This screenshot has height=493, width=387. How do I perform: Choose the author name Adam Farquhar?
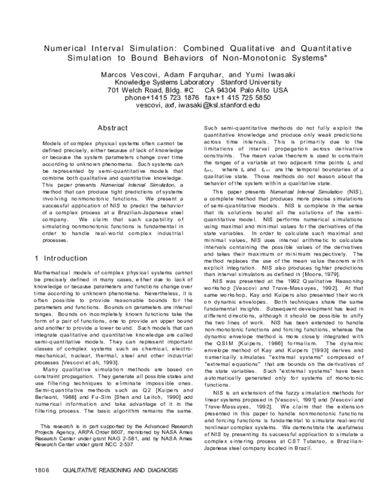pos(194,75)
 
